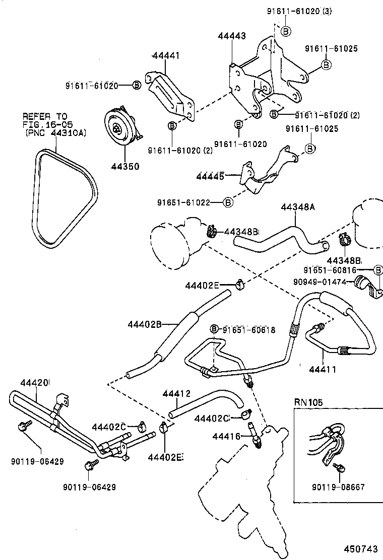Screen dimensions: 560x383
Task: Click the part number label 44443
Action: pyautogui.click(x=232, y=36)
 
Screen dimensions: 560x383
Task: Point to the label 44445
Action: pyautogui.click(x=210, y=176)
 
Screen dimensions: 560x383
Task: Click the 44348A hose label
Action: pyautogui.click(x=298, y=207)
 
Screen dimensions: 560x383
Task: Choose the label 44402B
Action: pyautogui.click(x=145, y=325)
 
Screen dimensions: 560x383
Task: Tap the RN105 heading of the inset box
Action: pyautogui.click(x=308, y=402)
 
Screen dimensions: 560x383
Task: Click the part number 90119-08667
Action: pyautogui.click(x=338, y=487)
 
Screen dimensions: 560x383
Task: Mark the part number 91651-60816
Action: pyautogui.click(x=337, y=270)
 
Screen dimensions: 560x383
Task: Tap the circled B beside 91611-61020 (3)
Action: pyautogui.click(x=285, y=31)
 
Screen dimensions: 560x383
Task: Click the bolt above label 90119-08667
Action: pyautogui.click(x=341, y=468)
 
